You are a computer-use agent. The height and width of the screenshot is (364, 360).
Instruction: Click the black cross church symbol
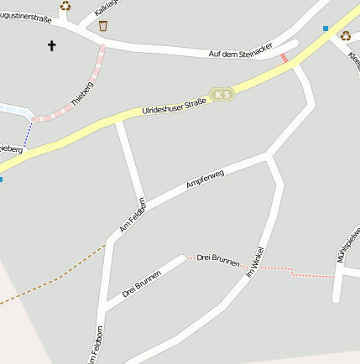51,46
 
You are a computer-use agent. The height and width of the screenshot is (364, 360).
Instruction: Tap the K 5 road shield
221,96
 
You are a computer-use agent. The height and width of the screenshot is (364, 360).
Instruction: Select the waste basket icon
103,26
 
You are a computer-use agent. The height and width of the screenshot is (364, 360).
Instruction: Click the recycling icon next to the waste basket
65,6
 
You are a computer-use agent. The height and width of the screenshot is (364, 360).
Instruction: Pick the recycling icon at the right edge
345,35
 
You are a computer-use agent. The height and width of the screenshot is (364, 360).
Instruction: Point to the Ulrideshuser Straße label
174,107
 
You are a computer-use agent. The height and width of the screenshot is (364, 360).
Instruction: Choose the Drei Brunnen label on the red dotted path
218,260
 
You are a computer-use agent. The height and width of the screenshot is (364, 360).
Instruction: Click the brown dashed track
50,281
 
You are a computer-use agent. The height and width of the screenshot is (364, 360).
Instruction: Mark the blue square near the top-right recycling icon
326,29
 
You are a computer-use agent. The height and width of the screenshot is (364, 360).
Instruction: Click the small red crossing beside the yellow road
284,58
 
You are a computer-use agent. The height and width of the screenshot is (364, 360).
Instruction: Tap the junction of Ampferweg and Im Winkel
268,155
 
